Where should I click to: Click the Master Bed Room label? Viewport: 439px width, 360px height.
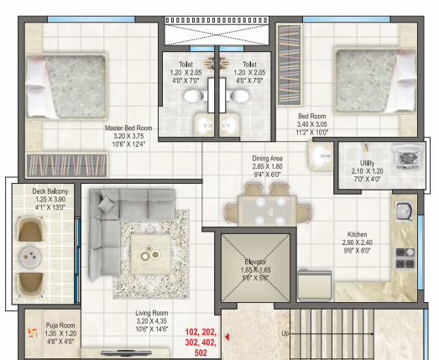click(128, 129)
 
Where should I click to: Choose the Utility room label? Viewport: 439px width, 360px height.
click(367, 164)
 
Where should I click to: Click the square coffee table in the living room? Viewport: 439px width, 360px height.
click(152, 249)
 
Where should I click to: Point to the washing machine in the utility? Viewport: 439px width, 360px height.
click(406, 154)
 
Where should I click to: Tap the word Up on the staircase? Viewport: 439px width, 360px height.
click(285, 333)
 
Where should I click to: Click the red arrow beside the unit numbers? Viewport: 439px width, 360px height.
click(226, 339)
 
